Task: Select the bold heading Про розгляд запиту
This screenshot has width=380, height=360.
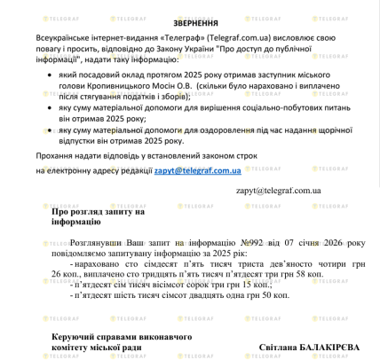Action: pyautogui.click(x=98, y=212)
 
